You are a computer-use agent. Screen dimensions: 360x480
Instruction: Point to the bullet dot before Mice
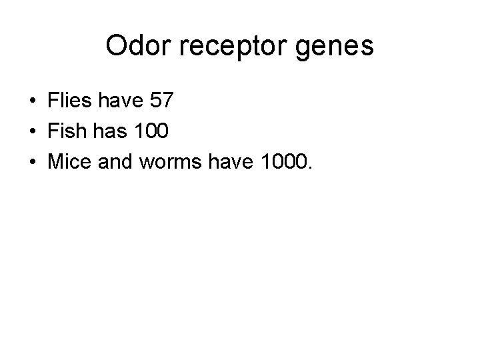pyautogui.click(x=32, y=161)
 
